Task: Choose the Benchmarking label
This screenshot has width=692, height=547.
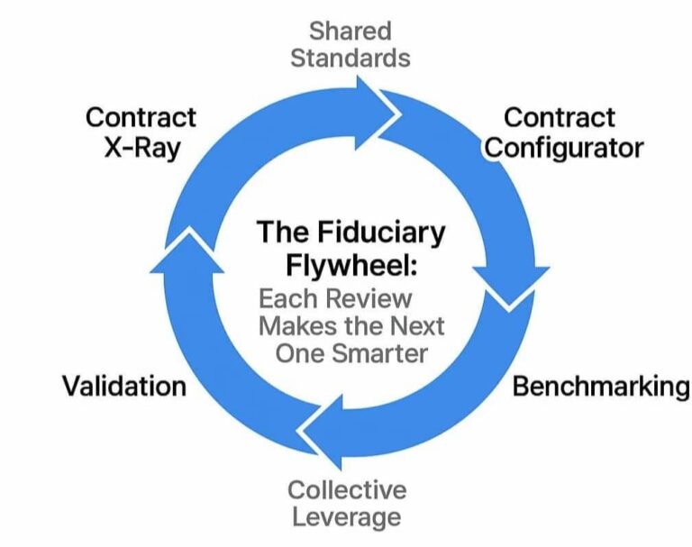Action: [600, 387]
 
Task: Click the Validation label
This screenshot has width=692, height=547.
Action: [123, 387]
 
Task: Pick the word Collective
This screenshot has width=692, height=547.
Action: [347, 489]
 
